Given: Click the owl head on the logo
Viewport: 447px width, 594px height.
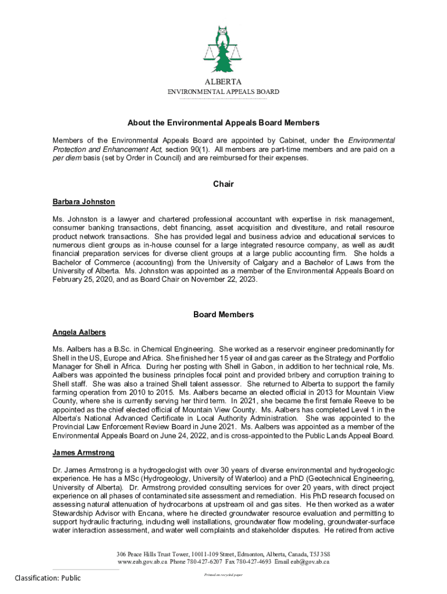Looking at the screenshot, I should point(223,31).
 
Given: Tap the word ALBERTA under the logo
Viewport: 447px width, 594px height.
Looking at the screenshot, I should point(223,82).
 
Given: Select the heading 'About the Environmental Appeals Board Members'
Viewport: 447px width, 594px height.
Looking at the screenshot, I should point(223,123).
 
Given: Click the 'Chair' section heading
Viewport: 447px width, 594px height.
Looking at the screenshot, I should point(223,184).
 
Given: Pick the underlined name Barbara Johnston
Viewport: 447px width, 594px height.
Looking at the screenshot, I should point(84,202).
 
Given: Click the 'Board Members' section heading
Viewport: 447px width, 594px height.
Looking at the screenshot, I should point(223,314).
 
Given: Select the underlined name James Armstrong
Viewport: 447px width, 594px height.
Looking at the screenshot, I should point(83,452).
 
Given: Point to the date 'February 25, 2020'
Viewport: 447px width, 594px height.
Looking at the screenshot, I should point(84,280).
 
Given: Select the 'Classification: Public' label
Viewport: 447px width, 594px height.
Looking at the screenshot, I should point(48,578).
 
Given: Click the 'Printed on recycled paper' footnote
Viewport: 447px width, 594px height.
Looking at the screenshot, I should point(223,574).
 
